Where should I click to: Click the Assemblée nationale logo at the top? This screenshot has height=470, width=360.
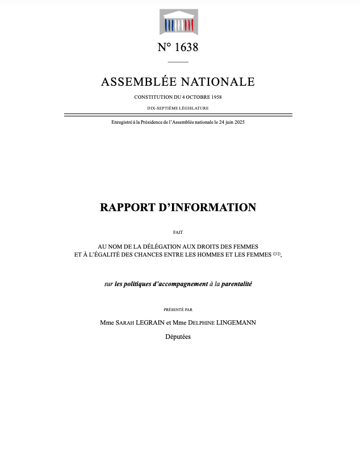(178, 22)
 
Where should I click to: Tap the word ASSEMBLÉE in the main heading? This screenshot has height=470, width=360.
(139, 82)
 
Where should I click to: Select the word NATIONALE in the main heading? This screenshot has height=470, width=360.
(220, 82)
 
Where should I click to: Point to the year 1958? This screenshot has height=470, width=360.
(214, 97)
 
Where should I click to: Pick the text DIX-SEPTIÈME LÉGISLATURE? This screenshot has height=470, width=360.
(178, 108)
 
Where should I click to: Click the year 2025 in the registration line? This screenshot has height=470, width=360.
(238, 123)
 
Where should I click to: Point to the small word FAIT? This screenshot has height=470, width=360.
(178, 232)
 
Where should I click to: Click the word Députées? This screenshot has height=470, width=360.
(178, 337)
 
